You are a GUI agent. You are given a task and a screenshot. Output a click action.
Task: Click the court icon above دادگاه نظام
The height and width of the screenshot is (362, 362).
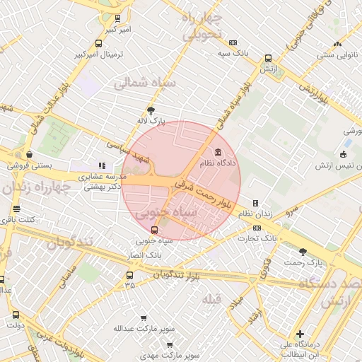tap(216, 152)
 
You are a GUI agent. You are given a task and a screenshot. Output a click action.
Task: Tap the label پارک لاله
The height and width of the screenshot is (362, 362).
tap(151, 121)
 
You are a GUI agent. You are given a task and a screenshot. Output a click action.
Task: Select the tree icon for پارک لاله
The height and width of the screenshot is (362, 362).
tap(151, 110)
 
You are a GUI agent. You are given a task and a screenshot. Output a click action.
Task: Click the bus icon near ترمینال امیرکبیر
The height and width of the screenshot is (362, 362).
tap(117, 19)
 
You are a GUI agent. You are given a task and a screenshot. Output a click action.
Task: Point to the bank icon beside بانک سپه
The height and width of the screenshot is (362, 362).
tap(233, 42)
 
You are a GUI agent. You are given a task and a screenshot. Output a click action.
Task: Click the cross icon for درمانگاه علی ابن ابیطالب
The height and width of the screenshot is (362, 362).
tap(300, 334)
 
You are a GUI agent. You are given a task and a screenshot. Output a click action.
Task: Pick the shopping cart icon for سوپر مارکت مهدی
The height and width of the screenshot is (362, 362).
tap(170, 344)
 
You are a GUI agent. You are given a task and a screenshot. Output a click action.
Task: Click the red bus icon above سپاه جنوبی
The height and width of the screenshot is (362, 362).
tap(155, 230)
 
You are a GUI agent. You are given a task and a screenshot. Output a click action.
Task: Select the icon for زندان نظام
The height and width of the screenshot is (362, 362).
tap(255, 203)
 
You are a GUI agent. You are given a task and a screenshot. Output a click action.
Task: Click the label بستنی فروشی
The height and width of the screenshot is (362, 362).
tap(30, 165)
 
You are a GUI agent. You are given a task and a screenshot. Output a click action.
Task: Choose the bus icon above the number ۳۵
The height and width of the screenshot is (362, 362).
tap(129, 275)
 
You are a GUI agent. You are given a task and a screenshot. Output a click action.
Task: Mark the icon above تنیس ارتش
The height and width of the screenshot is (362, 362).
tap(344, 155)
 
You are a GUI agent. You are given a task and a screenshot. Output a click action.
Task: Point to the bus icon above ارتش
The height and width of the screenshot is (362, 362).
tap(268, 59)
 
